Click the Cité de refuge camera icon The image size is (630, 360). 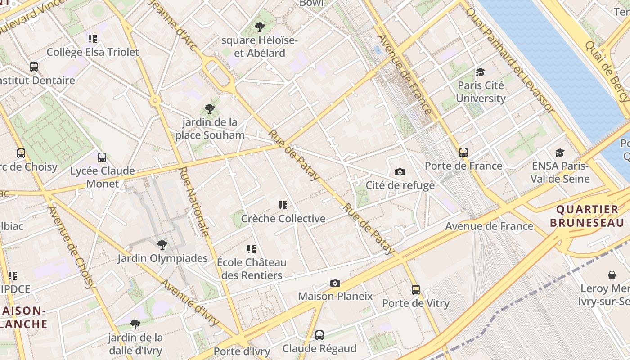(x=400, y=172)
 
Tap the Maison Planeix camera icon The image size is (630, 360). (x=335, y=283)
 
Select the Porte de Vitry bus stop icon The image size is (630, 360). (x=416, y=290)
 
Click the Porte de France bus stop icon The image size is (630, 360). (x=463, y=153)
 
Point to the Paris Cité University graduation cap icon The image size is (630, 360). (x=481, y=72)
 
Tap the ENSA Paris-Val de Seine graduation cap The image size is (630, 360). (x=560, y=153)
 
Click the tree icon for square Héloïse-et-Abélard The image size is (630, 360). (x=259, y=27)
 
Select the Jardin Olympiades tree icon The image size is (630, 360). (x=162, y=245)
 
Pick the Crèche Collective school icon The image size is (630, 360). (x=283, y=205)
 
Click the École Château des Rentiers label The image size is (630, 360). (x=252, y=269)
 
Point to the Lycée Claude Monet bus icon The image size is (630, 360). (x=102, y=157)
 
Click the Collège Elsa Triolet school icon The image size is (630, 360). (x=93, y=39)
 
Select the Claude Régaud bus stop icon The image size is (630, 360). (x=319, y=335)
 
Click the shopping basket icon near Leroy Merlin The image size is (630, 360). (x=612, y=274)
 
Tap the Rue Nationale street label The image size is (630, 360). (x=194, y=202)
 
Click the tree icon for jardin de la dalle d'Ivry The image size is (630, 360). (x=135, y=324)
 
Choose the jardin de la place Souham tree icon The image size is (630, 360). (x=209, y=108)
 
